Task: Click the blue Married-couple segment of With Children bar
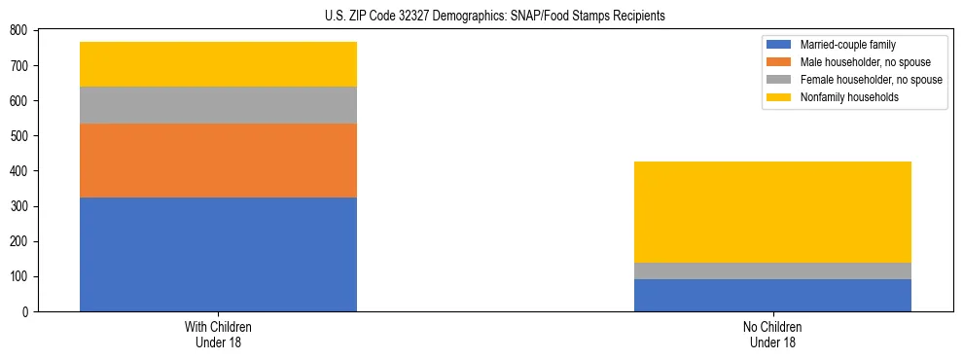[x=218, y=254]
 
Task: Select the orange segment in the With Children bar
[x=218, y=161]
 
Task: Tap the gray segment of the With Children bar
[x=218, y=105]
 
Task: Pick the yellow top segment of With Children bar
[x=218, y=64]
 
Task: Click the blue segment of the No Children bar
[x=772, y=295]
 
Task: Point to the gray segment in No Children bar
[x=772, y=270]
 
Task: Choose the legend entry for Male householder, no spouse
[x=857, y=62]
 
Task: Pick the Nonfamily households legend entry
[x=847, y=97]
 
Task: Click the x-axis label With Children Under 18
[x=218, y=334]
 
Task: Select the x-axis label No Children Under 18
[x=772, y=334]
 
